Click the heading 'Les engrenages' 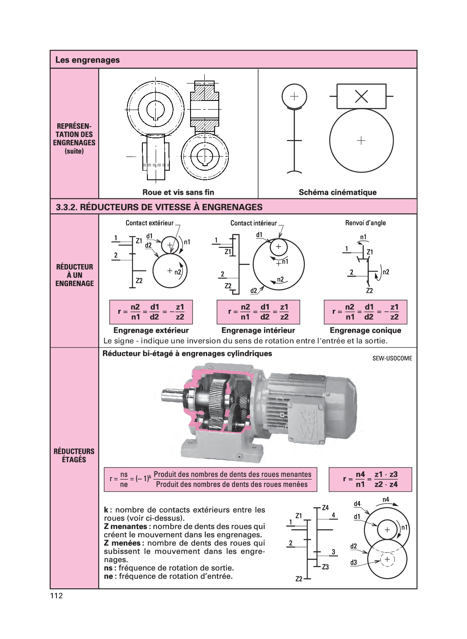point(87,60)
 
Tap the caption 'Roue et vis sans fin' point(178,192)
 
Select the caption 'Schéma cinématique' point(337,192)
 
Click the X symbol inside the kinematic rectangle point(362,97)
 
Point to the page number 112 point(56,596)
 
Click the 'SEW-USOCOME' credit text point(392,358)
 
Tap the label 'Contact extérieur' point(149,223)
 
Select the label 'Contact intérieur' point(253,223)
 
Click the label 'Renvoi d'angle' point(365,223)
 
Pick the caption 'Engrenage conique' point(365,331)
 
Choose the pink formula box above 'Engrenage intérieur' point(258,312)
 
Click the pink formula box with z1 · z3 point(370,480)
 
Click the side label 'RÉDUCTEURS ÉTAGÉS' point(74,455)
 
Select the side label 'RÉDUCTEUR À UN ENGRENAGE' point(74,275)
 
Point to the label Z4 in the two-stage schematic point(325,508)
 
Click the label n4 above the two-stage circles point(386,499)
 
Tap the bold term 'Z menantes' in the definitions point(125,526)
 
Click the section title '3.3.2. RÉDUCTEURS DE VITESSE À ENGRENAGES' point(159,207)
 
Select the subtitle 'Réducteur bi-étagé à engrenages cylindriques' point(187,354)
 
